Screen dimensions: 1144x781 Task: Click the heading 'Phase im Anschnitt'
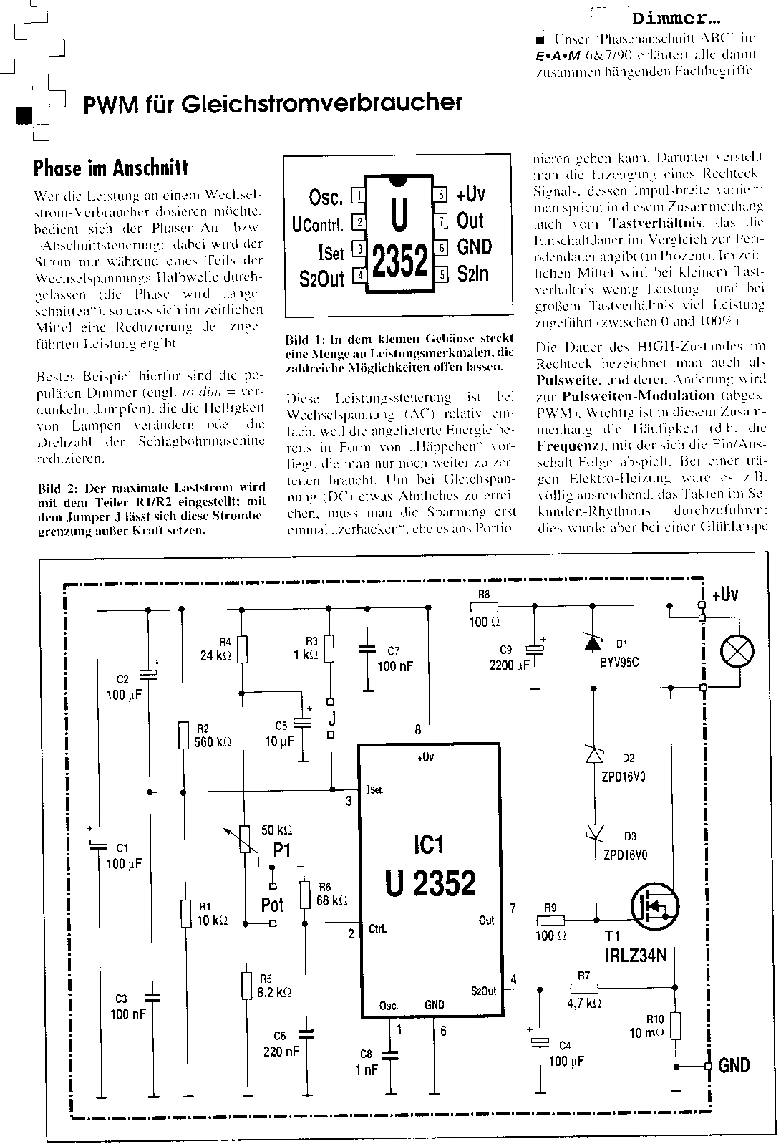110,168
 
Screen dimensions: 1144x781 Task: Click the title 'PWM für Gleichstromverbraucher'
273,104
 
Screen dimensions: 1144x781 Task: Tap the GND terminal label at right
734,1065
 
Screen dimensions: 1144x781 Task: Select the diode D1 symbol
593,643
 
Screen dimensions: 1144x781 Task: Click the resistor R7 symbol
583,989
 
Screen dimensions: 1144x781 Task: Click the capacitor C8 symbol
391,1055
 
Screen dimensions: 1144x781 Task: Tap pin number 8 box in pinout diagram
442,194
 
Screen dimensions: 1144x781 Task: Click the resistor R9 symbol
550,920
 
